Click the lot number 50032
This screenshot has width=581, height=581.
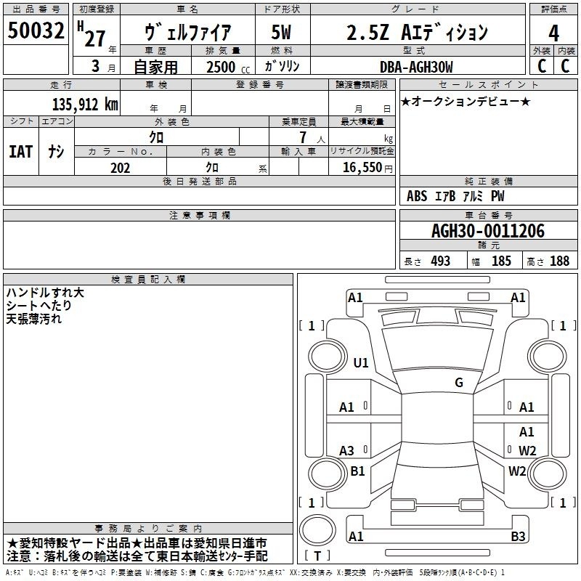point(36,31)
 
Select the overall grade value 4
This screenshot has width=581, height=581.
point(553,33)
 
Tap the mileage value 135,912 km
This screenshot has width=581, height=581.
point(85,105)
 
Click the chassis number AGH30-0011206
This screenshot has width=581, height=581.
point(488,231)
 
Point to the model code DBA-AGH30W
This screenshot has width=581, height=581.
point(416,67)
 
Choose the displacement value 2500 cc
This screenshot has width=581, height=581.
point(228,68)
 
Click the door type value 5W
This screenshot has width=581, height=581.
point(281,32)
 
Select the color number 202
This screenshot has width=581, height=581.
point(120,168)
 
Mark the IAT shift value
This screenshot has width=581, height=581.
point(21,152)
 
